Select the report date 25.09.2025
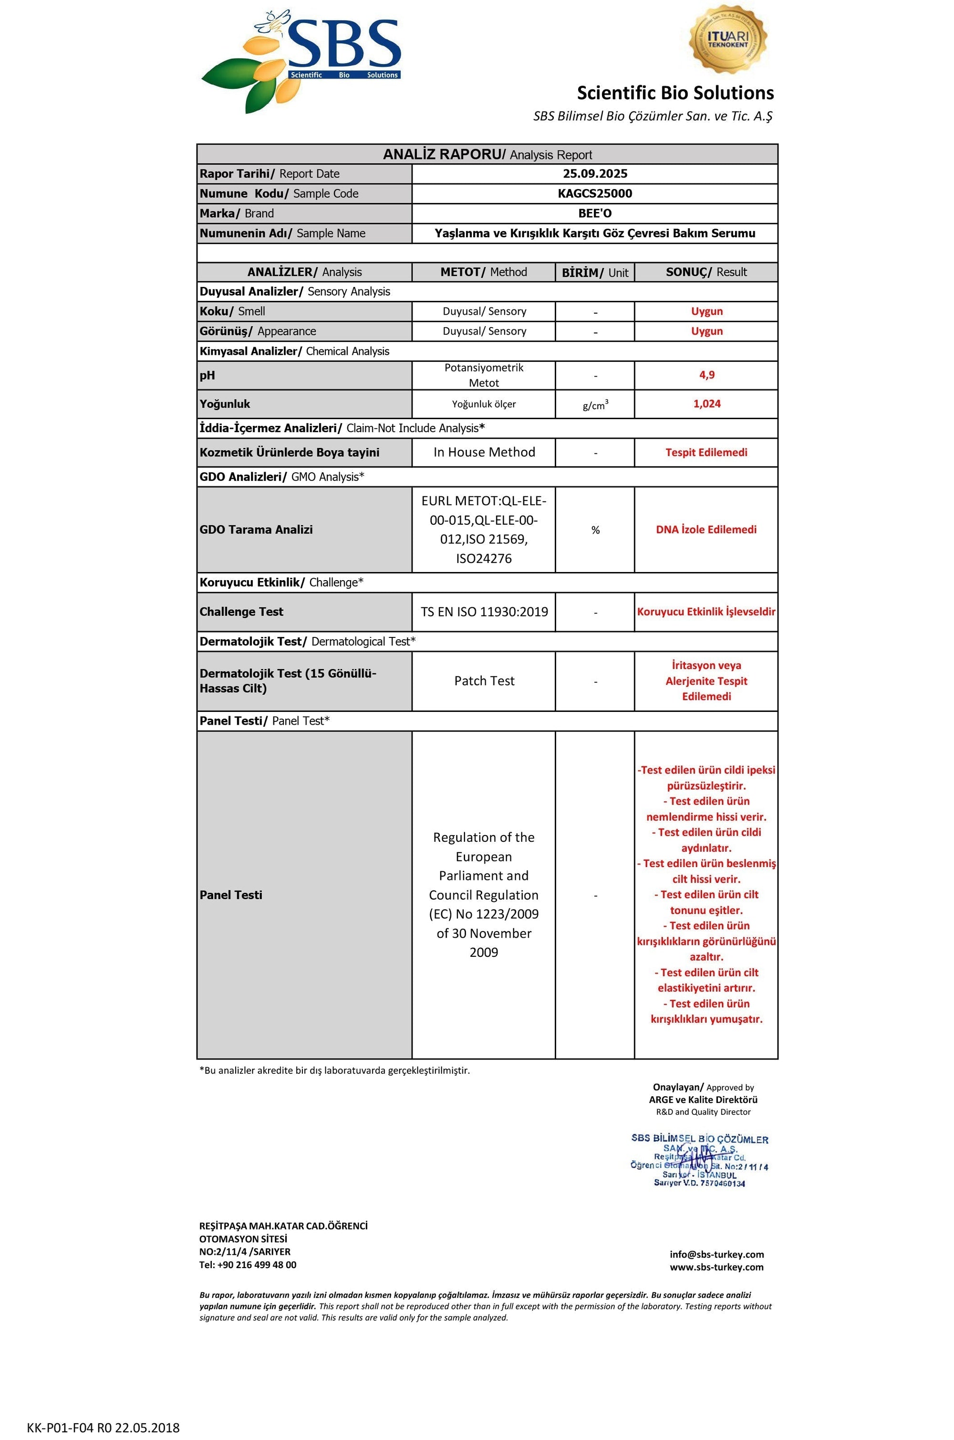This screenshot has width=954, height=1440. [x=594, y=173]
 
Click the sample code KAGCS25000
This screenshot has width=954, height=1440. [x=594, y=194]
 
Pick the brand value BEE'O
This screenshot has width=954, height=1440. [x=594, y=213]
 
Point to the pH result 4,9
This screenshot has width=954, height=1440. [x=706, y=375]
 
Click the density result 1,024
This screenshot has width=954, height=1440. [x=706, y=404]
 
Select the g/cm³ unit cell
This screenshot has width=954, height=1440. [x=595, y=405]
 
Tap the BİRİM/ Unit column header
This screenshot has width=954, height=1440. [x=594, y=272]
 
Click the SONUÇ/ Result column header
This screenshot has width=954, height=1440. [x=706, y=272]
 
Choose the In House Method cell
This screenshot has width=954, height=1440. [x=484, y=453]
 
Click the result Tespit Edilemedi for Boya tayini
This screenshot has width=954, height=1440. [x=706, y=453]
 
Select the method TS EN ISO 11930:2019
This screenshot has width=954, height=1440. [x=484, y=612]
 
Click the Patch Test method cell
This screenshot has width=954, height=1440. [x=484, y=681]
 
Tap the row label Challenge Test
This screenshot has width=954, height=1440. [x=241, y=612]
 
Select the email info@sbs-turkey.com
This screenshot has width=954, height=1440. [x=716, y=1254]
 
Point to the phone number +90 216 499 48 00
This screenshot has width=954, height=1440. [x=256, y=1265]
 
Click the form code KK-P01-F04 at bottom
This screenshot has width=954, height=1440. [x=103, y=1427]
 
